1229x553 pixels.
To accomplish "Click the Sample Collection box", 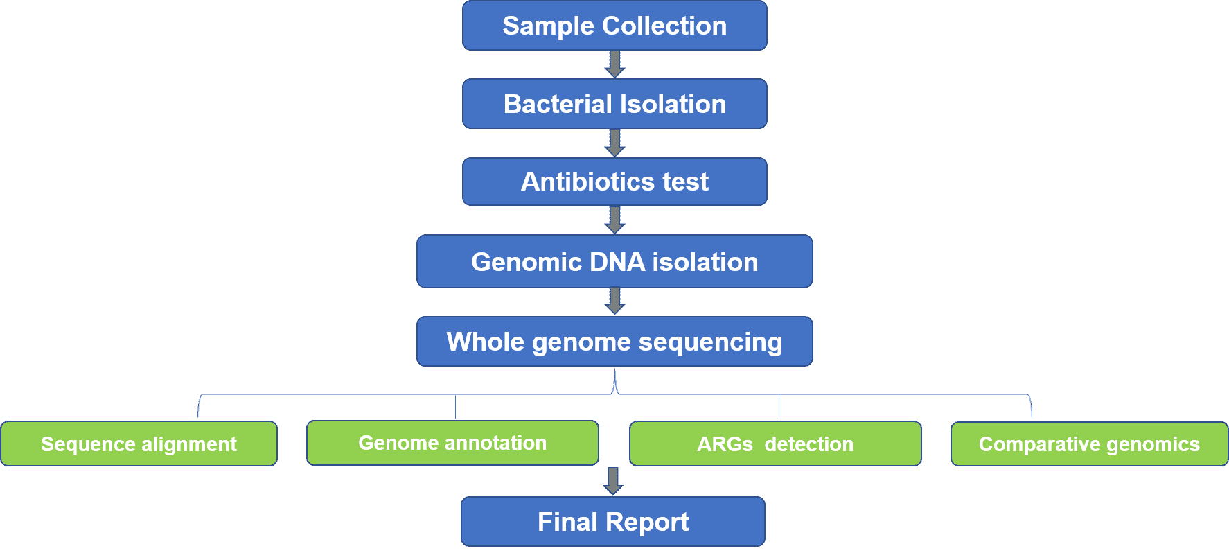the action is [x=614, y=26].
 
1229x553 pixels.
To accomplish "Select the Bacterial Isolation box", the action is [x=614, y=104].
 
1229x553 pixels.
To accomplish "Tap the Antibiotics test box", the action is [x=614, y=182].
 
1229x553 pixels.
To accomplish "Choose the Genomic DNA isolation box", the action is [x=614, y=261].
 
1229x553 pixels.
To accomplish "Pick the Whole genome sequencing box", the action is [x=614, y=342].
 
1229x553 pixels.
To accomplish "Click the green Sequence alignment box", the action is [x=139, y=444].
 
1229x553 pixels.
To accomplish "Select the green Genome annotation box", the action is [x=452, y=443].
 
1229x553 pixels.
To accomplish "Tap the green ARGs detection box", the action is [x=775, y=444].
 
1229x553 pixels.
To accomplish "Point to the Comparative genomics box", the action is [x=1089, y=444].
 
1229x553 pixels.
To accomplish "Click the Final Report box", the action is [x=613, y=522].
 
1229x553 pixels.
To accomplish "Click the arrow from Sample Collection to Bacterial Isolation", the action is [x=614, y=64].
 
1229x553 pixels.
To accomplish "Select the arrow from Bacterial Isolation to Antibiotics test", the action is [x=614, y=143].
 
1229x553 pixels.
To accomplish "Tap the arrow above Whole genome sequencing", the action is [x=614, y=301].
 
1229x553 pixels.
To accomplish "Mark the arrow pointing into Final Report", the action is [x=613, y=482].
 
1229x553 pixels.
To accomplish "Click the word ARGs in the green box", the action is [x=725, y=444].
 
